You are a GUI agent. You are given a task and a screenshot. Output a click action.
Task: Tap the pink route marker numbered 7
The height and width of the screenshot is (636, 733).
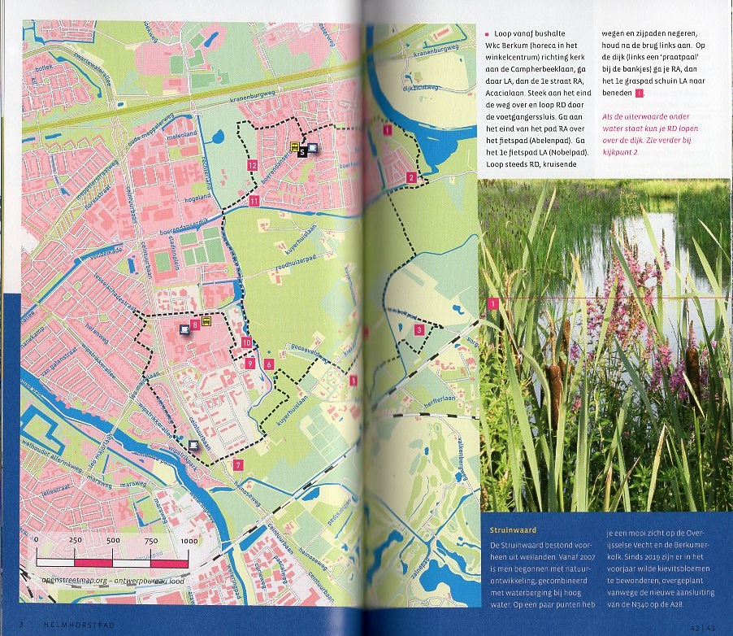point(236,465)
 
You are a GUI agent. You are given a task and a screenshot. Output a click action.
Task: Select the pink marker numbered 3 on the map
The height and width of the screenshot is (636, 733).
point(419,329)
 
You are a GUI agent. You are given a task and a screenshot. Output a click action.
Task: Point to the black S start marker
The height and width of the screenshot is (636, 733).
point(301,151)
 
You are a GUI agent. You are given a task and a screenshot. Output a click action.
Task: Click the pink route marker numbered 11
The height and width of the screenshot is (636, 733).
point(254,201)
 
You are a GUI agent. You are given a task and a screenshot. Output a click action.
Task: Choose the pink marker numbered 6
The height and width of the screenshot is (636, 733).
point(268,364)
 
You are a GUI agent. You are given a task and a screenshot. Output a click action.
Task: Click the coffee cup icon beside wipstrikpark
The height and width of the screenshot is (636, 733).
point(193,445)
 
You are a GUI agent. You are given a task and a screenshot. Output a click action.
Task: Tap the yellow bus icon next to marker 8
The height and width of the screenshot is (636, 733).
point(207,321)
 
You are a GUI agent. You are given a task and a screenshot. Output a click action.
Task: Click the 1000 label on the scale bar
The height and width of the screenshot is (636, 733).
point(189,541)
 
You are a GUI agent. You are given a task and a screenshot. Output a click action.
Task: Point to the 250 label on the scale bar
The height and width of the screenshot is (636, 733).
point(76,541)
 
